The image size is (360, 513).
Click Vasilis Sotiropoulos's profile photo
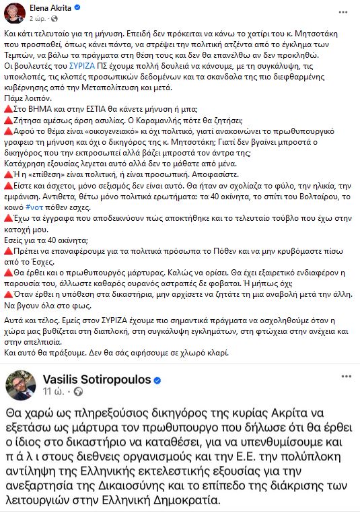click(x=21, y=384)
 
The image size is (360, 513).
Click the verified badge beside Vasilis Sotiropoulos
click(x=157, y=380)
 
